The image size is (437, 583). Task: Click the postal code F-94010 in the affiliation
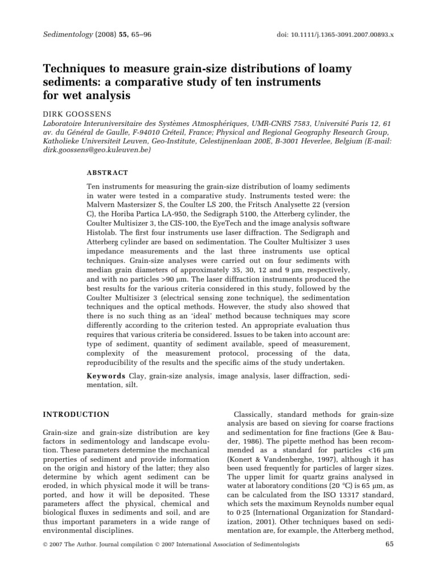point(144,132)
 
